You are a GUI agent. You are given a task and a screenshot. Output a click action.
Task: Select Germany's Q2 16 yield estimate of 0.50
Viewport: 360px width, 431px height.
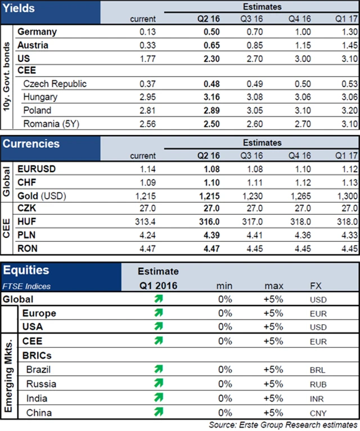click(x=211, y=33)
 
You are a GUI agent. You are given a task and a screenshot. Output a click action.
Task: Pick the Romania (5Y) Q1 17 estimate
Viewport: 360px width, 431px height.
click(x=349, y=123)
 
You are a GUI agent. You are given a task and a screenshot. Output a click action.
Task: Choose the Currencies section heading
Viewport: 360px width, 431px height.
click(x=31, y=143)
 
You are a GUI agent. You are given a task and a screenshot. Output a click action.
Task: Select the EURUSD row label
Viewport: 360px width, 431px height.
click(x=37, y=168)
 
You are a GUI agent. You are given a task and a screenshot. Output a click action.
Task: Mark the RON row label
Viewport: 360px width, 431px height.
click(x=28, y=248)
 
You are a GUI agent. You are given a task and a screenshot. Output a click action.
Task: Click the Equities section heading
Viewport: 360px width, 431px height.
click(x=26, y=271)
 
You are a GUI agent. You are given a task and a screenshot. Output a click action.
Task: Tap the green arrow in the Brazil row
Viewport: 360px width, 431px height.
click(x=159, y=370)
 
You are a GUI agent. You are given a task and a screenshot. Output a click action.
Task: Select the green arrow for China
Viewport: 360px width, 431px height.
click(x=159, y=412)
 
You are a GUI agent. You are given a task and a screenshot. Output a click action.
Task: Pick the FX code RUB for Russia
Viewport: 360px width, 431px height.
click(x=318, y=384)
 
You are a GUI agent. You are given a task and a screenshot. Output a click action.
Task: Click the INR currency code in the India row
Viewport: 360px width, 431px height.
click(x=317, y=398)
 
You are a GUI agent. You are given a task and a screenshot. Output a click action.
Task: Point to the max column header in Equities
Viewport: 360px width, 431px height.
click(x=274, y=286)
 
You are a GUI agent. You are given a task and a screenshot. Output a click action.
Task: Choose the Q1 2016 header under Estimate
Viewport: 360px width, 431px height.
click(x=158, y=286)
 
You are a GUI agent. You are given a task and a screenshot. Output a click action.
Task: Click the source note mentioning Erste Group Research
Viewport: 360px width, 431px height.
click(x=283, y=424)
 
